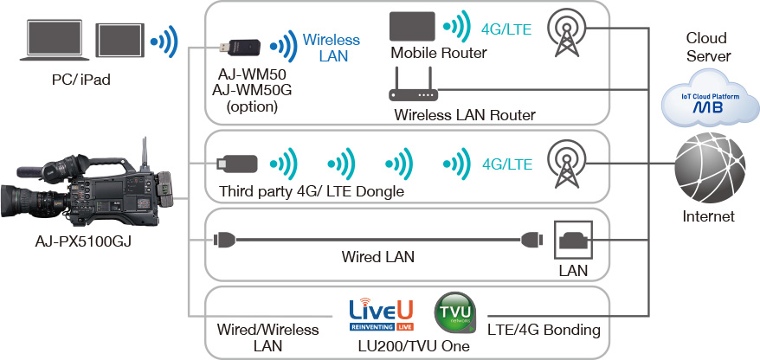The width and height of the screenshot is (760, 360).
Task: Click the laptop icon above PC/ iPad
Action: coord(55,40)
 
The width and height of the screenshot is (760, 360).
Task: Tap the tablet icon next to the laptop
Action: coord(119,40)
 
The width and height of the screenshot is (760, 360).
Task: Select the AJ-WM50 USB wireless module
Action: coord(241,47)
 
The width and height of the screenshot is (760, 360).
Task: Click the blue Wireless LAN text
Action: coord(332,48)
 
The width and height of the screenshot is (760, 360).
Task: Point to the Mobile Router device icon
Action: coord(413,26)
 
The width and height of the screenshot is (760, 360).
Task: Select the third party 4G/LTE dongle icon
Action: coord(237,164)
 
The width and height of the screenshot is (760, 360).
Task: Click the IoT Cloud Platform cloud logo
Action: coord(711,100)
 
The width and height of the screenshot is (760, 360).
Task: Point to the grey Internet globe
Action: coord(710,169)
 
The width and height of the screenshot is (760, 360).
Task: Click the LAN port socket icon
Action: coord(573,240)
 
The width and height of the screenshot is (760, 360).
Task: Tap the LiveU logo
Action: coord(381,315)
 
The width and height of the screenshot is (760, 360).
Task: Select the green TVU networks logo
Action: coord(455,312)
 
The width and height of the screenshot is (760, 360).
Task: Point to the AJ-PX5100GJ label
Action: coord(83,241)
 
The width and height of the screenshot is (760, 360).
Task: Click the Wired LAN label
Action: coord(377,256)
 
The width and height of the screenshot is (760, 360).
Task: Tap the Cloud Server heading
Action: coord(708,47)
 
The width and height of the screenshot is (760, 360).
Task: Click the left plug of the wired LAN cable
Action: coord(224,239)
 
